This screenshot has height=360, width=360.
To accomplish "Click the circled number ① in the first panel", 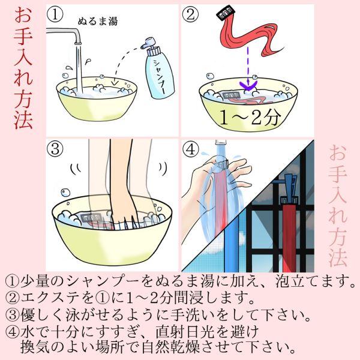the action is [55, 14].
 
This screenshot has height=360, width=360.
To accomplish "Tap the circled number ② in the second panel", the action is [190, 14].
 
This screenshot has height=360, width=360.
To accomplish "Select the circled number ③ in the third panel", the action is [55, 149].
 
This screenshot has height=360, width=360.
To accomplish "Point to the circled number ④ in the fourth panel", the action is [190, 149].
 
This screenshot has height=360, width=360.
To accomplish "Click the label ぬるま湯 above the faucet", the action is [98, 22].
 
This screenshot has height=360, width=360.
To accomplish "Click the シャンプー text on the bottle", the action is [160, 76].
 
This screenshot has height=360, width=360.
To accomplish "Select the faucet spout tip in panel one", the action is [78, 43].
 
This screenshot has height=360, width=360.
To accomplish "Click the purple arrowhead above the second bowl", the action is [248, 85].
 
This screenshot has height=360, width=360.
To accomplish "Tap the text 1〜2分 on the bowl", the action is [250, 118].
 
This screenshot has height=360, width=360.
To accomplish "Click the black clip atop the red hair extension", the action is [226, 14].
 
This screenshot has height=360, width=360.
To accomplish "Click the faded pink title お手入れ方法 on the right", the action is [337, 206].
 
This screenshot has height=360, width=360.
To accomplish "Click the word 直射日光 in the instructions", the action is [185, 332].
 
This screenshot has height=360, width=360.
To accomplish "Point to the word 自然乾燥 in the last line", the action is [171, 348].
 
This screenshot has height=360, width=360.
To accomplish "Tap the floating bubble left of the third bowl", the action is [65, 193].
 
